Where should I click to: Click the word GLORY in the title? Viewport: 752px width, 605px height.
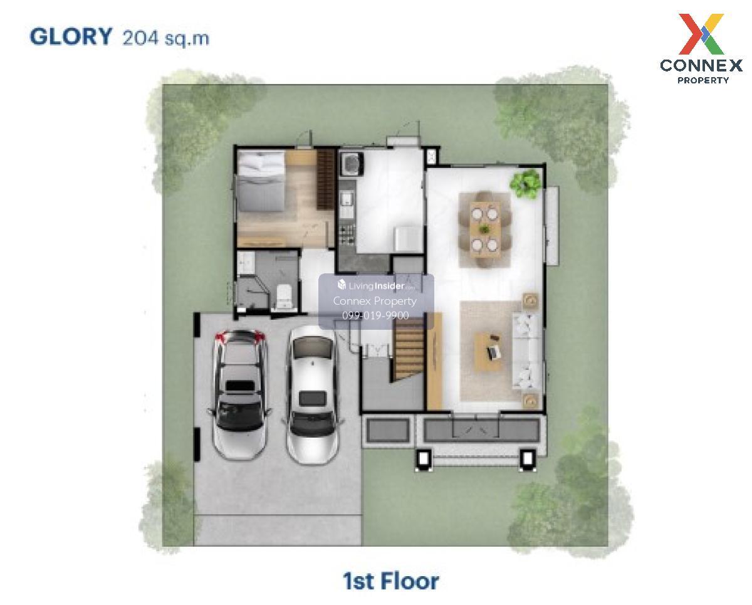pos(71,36)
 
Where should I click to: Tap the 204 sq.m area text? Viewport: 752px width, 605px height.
pos(166,38)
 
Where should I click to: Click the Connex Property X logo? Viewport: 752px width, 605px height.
pos(701,34)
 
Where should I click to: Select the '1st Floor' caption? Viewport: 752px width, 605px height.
pos(390,581)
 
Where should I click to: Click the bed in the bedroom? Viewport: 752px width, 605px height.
pos(261,181)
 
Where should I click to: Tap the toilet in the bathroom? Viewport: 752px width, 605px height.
pos(284,297)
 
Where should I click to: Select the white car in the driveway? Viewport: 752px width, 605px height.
pos(312,395)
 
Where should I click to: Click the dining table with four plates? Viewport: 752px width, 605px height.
pos(485,229)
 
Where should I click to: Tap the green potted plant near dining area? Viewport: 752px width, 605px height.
pos(525,184)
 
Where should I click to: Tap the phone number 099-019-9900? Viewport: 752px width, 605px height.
pos(375,315)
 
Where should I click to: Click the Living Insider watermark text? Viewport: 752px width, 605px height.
pos(376,286)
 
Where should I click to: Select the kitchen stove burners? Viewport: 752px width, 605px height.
pos(347,234)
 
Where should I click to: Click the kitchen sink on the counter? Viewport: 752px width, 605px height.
pos(347,200)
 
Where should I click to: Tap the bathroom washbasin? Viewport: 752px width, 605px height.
pos(246,263)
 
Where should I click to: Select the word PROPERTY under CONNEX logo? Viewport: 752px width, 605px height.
pos(703,80)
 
